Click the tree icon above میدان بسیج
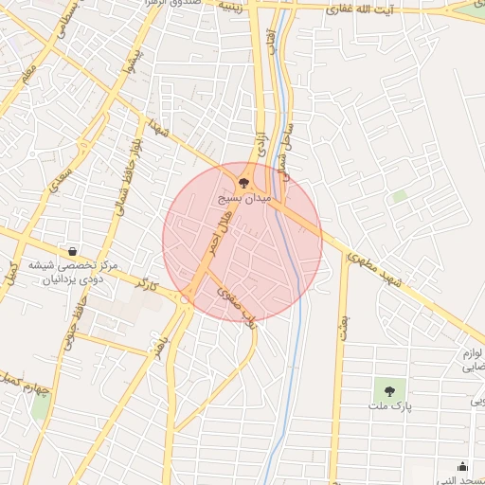tap(243, 183)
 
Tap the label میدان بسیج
tap(243, 201)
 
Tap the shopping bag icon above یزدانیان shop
tap(73, 252)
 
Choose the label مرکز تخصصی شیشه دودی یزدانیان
tap(73, 275)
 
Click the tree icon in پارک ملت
tap(388, 388)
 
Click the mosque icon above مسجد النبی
tap(462, 466)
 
